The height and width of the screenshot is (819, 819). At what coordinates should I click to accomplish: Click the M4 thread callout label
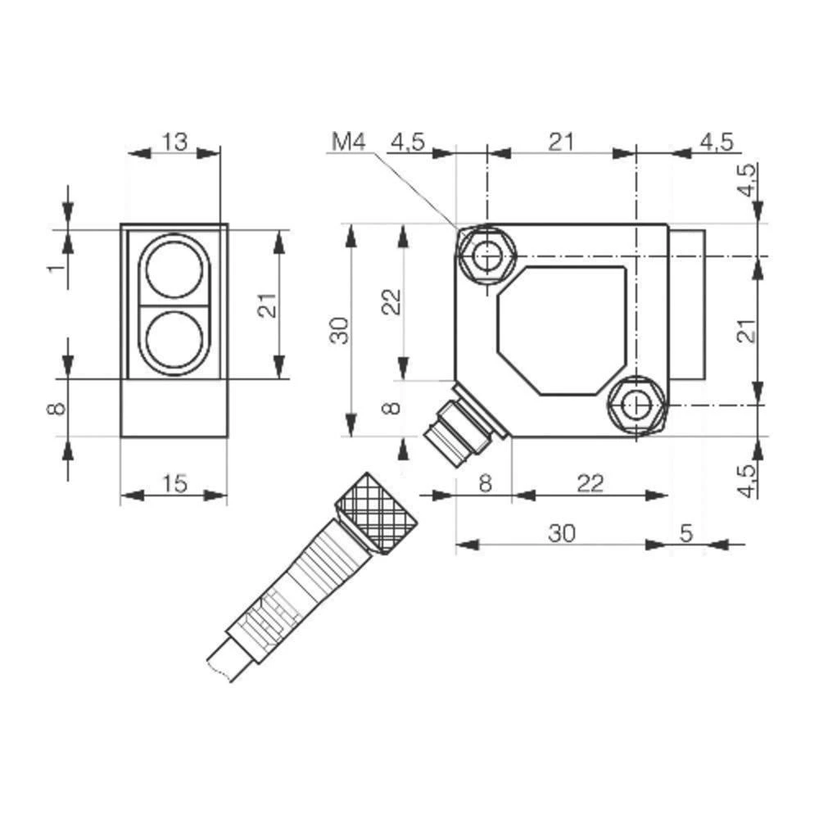[347, 142]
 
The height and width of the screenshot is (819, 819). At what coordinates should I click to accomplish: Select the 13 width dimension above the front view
[174, 142]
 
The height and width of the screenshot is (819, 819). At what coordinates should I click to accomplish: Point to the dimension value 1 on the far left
[54, 269]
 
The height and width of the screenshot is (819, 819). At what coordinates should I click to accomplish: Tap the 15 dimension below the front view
[174, 484]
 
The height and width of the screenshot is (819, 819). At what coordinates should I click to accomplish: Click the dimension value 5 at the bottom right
[686, 533]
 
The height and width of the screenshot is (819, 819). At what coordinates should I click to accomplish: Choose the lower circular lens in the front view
[174, 340]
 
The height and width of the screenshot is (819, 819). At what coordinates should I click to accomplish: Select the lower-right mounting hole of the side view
[636, 404]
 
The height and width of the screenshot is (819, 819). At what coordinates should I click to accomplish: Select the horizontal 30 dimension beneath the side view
[562, 533]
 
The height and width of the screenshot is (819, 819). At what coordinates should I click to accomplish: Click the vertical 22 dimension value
[393, 301]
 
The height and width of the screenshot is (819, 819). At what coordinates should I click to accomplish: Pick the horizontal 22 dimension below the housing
[589, 484]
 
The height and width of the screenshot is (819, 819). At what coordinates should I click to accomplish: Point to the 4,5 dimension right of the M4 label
[407, 142]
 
